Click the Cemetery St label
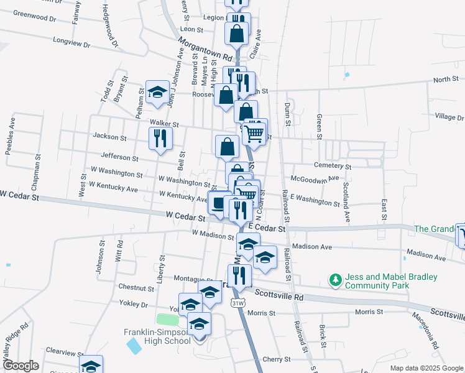[x=333, y=167]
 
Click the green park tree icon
[x=336, y=281]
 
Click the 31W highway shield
[x=237, y=303]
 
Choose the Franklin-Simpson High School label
[x=157, y=336]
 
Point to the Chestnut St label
[x=136, y=288]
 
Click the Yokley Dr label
[x=136, y=305]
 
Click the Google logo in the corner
[x=21, y=366]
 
